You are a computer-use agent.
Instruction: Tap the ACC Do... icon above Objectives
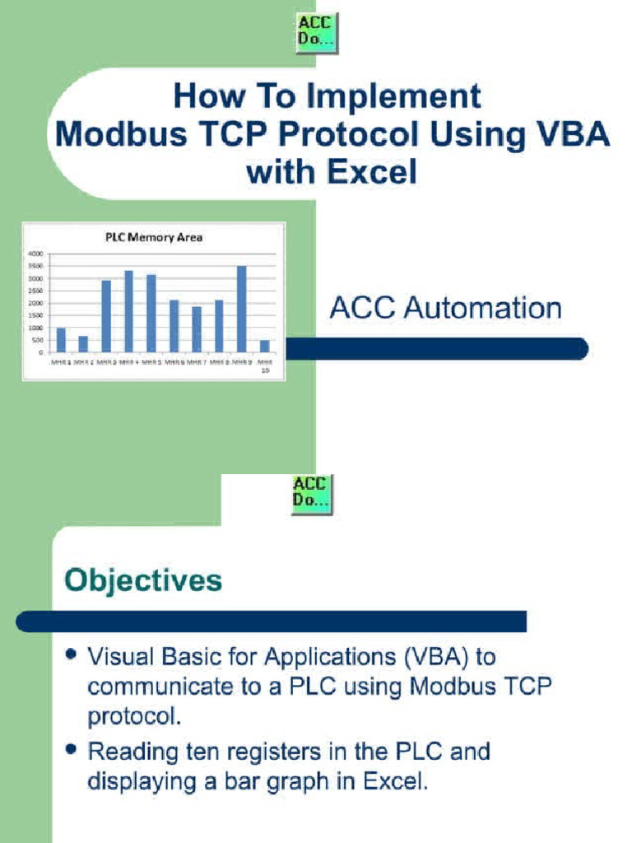[312, 494]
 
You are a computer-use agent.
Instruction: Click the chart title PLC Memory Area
[153, 238]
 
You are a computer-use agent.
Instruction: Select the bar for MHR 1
[61, 340]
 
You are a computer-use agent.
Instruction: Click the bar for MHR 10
[264, 346]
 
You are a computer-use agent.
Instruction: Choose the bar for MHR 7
[197, 329]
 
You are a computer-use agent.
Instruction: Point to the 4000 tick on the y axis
[38, 254]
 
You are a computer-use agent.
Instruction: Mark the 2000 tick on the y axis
[38, 303]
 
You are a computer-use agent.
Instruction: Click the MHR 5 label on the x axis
[151, 361]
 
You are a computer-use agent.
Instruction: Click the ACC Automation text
[445, 309]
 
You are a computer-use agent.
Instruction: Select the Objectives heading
[144, 580]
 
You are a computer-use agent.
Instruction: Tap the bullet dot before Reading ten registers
[72, 749]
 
